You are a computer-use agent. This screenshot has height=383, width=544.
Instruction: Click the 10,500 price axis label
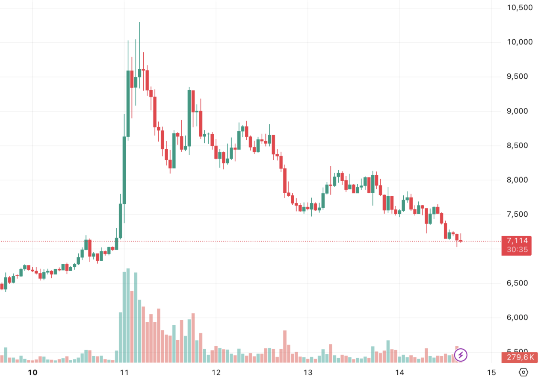tap(519, 8)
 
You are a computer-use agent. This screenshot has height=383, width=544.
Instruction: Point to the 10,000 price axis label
tap(519, 42)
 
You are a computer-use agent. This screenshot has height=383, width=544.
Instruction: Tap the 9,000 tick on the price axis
tap(519, 111)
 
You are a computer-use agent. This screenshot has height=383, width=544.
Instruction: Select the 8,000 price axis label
tap(519, 180)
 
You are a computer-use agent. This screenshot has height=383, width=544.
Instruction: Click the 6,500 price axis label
tap(519, 283)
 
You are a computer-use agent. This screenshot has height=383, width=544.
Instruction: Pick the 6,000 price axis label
tap(519, 318)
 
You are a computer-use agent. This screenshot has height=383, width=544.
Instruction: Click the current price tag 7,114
tap(517, 241)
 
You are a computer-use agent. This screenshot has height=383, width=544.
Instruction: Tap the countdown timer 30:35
tap(517, 250)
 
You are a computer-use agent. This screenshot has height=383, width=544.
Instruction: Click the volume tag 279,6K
tap(517, 357)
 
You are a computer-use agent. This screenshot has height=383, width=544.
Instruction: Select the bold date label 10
tap(33, 372)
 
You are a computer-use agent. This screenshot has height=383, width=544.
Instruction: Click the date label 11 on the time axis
tap(124, 372)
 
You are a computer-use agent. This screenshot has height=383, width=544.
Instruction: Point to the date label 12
tap(216, 372)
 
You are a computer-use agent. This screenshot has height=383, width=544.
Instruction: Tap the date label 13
tap(307, 372)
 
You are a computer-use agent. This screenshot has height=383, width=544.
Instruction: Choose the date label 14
tap(399, 372)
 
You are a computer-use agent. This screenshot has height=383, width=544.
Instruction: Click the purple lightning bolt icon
tap(461, 355)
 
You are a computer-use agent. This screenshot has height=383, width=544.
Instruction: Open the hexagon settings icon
tap(523, 372)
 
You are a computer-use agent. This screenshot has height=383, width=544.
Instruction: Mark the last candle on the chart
tap(461, 241)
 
